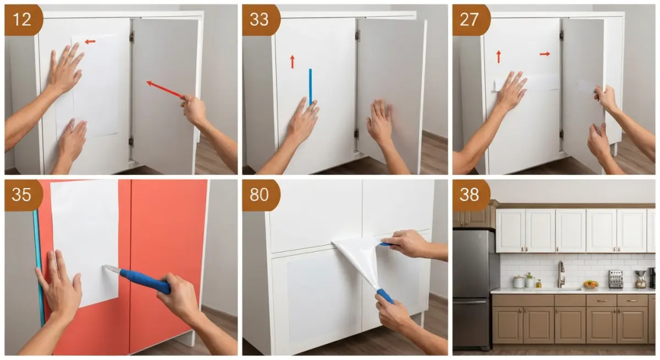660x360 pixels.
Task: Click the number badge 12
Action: (23, 20)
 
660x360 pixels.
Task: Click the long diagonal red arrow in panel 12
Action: (164, 89)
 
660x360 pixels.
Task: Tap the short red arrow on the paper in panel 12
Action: (90, 42)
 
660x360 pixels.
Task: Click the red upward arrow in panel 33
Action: (292, 61)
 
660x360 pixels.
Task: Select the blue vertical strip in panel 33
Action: (310, 85)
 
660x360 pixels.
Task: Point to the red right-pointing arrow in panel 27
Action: (544, 54)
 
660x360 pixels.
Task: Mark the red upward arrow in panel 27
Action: (499, 56)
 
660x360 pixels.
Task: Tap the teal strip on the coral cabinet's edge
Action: (38, 264)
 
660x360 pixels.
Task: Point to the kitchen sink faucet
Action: (560, 273)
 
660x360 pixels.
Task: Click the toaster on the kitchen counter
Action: (615, 279)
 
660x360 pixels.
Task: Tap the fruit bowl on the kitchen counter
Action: (590, 284)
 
